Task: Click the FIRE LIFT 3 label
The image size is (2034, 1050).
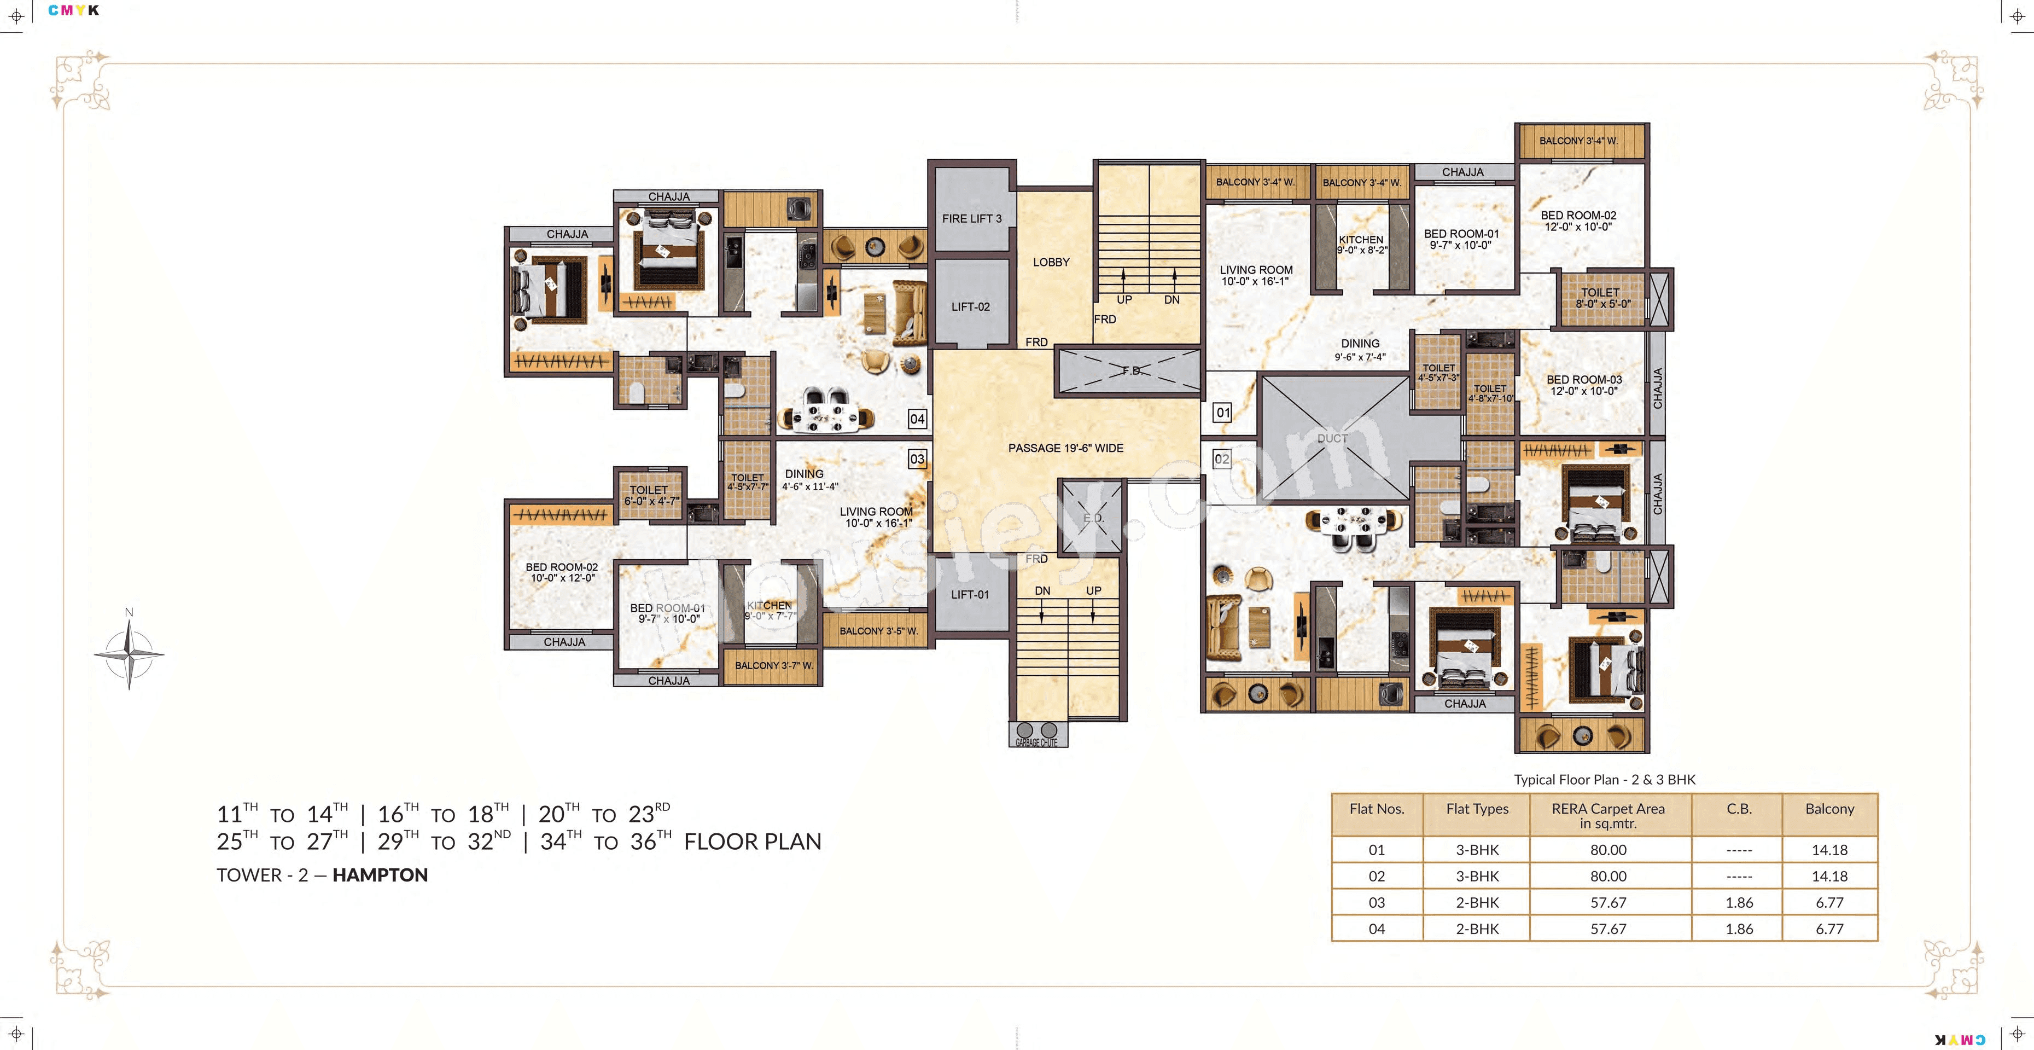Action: (971, 218)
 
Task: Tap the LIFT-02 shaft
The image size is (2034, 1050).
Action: (970, 306)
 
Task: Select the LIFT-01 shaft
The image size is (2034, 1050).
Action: (970, 594)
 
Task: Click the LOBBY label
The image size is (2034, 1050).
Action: (1051, 262)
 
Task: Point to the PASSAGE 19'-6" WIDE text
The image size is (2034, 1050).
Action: (1065, 448)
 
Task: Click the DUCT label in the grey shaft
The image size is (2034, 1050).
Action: (1332, 438)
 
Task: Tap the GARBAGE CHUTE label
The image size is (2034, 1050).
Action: (1037, 742)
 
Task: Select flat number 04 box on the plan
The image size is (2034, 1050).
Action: (917, 419)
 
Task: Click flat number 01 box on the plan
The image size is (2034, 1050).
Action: (1222, 413)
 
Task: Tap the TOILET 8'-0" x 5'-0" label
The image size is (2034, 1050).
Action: (1602, 298)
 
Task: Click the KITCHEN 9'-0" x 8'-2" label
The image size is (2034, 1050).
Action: (1361, 244)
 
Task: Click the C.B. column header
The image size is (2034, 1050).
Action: (1739, 809)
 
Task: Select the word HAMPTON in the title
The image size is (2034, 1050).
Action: (380, 874)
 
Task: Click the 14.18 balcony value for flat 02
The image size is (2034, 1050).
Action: (1829, 876)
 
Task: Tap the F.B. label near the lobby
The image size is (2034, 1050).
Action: (1130, 370)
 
